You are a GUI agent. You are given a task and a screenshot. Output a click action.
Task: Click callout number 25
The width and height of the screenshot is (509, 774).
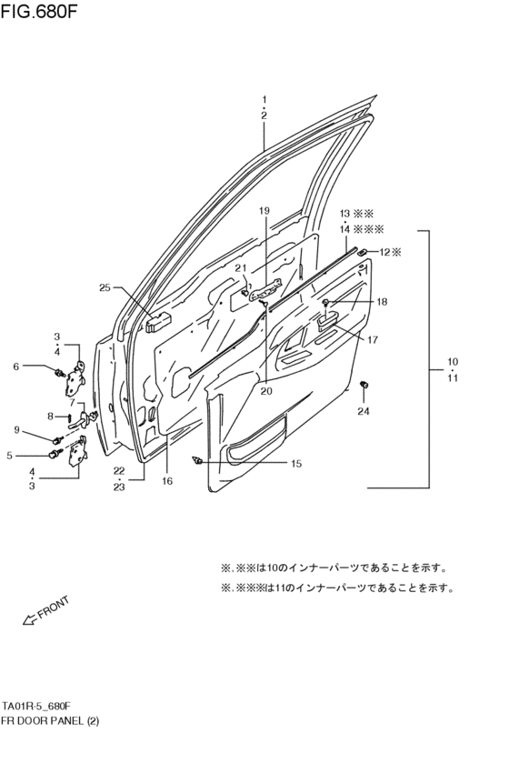pos(105,288)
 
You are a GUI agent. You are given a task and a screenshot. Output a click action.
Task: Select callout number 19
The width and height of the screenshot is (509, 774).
pos(264,211)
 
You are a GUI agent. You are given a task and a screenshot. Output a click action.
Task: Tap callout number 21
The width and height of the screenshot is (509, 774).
pos(241,268)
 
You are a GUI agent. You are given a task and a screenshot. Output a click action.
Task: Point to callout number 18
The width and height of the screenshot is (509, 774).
pos(382,301)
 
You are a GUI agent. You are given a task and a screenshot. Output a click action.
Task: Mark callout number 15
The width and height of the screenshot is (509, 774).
pos(295,464)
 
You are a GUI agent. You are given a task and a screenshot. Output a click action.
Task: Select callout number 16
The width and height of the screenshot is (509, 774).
pos(167,481)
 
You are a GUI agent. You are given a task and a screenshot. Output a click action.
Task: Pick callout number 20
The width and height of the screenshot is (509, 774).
pos(266,392)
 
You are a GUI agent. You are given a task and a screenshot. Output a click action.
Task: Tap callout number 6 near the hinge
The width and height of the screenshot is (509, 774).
pos(15,367)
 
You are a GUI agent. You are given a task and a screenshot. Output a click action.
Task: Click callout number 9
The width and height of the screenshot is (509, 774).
pos(16,429)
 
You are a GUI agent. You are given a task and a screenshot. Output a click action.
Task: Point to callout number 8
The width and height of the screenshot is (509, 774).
pos(51,417)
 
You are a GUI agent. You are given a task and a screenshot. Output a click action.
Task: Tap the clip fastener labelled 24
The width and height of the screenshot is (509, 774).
pos(364,386)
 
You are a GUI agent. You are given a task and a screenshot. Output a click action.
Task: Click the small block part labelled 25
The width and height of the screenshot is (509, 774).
pos(133,322)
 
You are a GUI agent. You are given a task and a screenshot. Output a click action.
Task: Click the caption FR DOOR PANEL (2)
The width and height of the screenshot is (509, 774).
pos(50,720)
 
